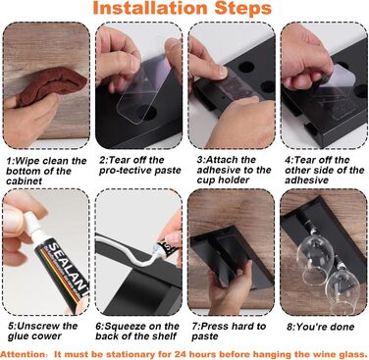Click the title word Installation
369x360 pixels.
(151, 8)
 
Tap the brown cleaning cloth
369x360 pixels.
(52, 85)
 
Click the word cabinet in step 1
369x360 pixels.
(25, 181)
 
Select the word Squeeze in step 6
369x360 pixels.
(125, 327)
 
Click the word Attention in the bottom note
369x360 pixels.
(24, 354)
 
